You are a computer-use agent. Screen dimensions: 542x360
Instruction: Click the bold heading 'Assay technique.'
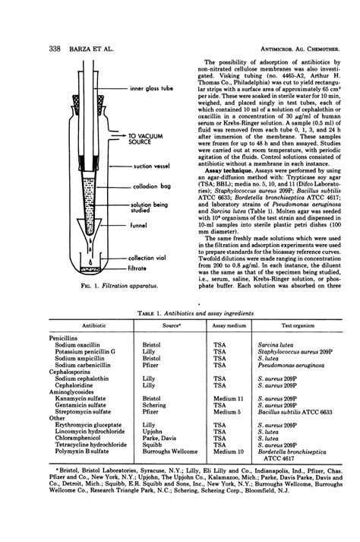pyautogui.click(x=224, y=173)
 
